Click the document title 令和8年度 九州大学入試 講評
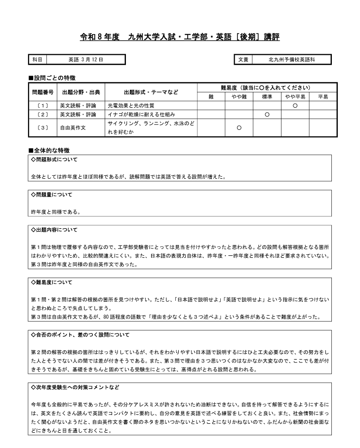click(x=180, y=37)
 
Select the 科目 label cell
click(x=38, y=60)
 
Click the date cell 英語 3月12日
click(x=85, y=60)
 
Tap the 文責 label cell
click(x=243, y=60)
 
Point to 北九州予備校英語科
click(x=291, y=60)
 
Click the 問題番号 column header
click(x=42, y=92)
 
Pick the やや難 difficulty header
click(x=239, y=97)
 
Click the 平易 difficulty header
click(x=323, y=97)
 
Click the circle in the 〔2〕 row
click(x=267, y=115)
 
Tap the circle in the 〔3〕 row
click(x=239, y=127)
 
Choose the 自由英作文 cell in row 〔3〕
click(x=72, y=127)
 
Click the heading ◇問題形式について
click(x=54, y=160)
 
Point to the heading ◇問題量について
click(x=51, y=195)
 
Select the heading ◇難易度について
click(x=51, y=283)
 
